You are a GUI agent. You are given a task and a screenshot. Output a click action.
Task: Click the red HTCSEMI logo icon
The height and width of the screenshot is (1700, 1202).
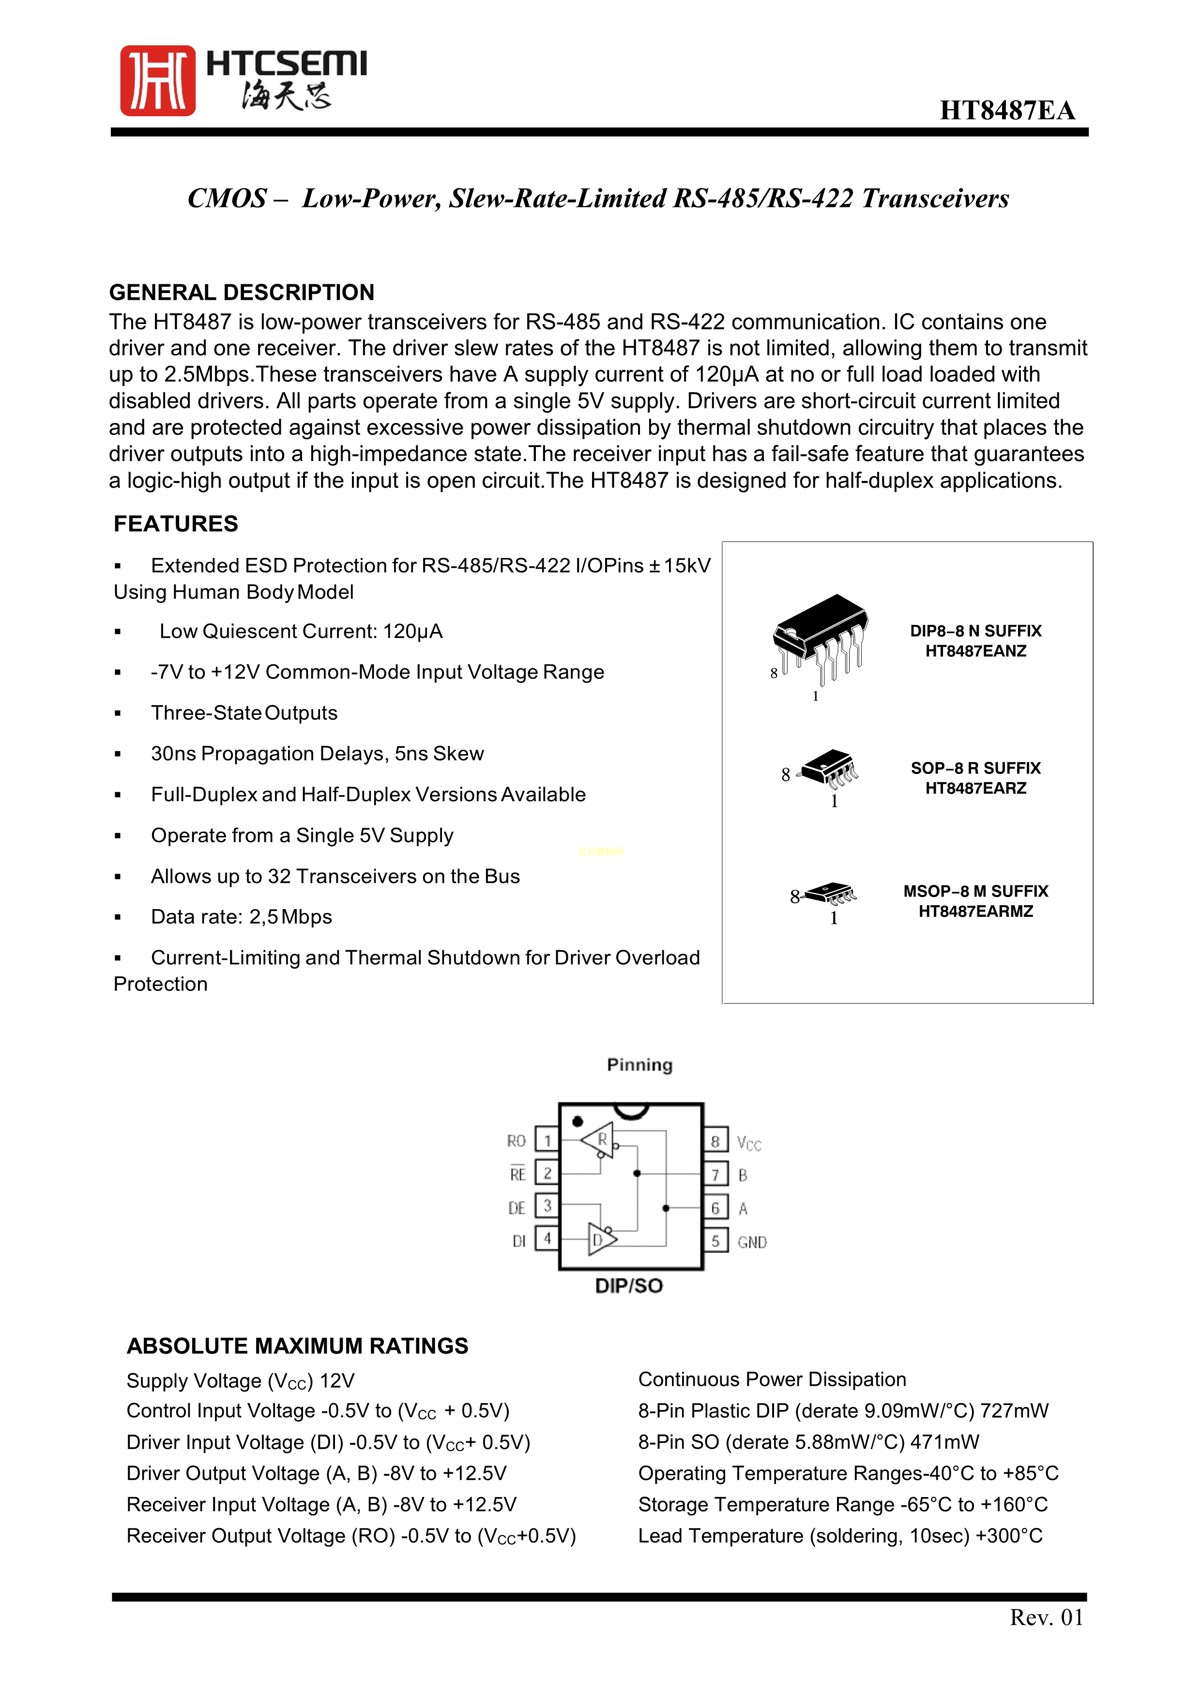tap(158, 81)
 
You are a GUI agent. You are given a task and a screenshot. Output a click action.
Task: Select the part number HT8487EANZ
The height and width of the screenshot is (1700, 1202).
tap(975, 651)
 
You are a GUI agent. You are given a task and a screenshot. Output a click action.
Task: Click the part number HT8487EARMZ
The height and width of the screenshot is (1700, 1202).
tap(975, 912)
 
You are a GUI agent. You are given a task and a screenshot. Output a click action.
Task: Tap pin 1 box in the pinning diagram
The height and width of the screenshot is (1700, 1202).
tap(547, 1140)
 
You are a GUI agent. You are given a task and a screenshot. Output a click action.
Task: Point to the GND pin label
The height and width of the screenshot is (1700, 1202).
tap(752, 1242)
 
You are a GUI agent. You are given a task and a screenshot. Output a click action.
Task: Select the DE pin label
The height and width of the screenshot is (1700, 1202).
tap(517, 1207)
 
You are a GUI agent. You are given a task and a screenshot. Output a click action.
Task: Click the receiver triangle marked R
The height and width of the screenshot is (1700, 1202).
tap(598, 1140)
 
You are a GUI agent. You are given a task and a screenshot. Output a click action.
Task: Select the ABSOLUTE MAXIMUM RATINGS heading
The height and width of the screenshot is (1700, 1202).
tap(298, 1345)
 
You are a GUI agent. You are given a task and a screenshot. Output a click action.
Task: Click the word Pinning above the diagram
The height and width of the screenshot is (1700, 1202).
tap(639, 1065)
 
